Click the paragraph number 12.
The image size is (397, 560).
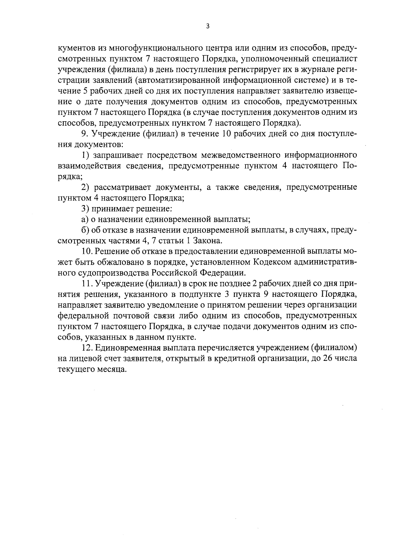pos(87,348)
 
